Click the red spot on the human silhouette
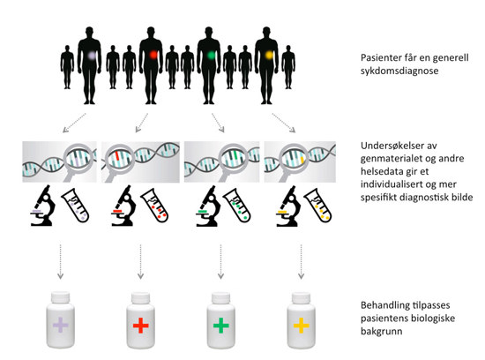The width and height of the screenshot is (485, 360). (153, 56)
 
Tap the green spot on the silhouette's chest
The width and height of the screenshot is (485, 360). (211, 55)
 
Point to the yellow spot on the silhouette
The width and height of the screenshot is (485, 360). (269, 55)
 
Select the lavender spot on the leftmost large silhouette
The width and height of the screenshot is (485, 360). (92, 56)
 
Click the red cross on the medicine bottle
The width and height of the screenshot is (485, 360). (141, 326)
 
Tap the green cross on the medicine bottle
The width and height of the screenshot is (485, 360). (220, 326)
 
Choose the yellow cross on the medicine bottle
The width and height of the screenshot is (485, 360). (302, 326)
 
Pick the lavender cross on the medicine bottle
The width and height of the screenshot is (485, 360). (61, 325)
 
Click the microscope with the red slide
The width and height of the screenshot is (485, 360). (123, 206)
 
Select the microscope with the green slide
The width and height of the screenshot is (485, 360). (208, 206)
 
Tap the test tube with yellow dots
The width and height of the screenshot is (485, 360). (318, 206)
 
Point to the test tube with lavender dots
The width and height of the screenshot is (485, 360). (75, 206)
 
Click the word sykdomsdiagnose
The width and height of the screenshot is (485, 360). (399, 71)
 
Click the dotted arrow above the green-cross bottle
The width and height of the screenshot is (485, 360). (220, 261)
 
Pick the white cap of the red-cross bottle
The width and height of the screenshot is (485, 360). (141, 297)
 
